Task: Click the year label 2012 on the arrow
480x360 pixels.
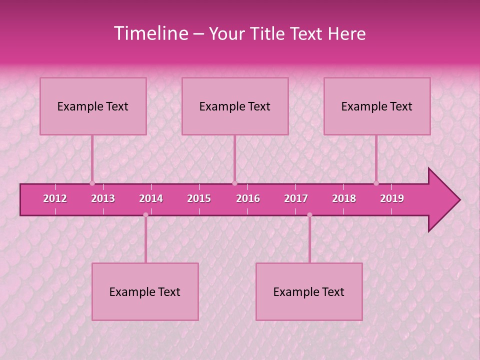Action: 55,198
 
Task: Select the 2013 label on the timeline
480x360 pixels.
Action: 103,198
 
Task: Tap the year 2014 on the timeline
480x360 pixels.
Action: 151,198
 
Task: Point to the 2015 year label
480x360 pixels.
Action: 199,198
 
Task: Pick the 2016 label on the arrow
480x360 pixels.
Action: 248,198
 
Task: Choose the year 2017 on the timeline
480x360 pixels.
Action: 296,198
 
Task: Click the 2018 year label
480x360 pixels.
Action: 344,198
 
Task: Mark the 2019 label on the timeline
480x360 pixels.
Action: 392,198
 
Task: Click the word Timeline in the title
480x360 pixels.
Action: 150,33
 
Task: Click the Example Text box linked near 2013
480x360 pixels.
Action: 93,106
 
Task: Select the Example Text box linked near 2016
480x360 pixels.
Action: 235,106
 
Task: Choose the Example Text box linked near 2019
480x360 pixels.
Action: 377,106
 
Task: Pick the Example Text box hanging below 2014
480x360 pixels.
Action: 145,291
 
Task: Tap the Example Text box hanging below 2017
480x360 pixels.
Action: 309,291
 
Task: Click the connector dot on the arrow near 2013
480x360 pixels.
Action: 92,183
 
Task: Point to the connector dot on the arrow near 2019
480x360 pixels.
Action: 376,183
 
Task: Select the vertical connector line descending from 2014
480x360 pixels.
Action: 145,240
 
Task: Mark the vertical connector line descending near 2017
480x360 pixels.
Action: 309,240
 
